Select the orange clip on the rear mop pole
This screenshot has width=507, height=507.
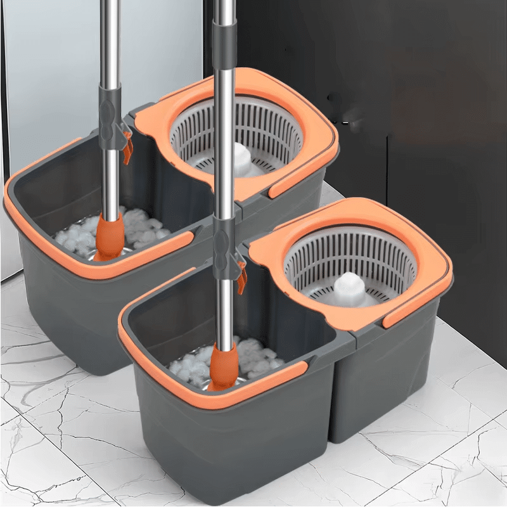click(x=128, y=148)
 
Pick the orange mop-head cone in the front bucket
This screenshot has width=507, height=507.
click(x=224, y=367)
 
